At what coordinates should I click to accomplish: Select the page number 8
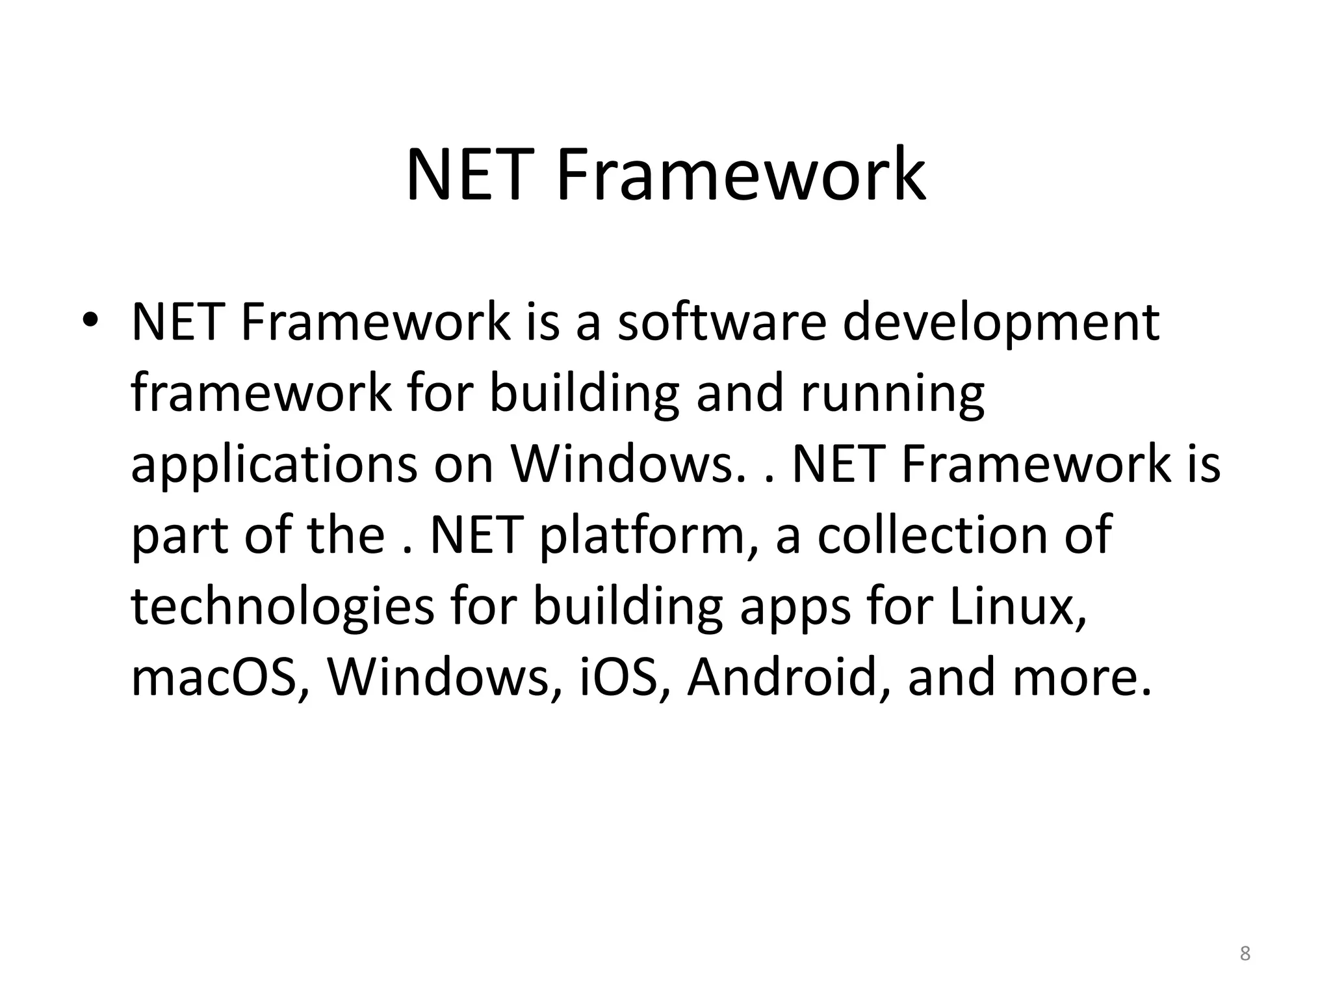[1245, 953]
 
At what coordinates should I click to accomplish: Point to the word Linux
[1018, 607]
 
